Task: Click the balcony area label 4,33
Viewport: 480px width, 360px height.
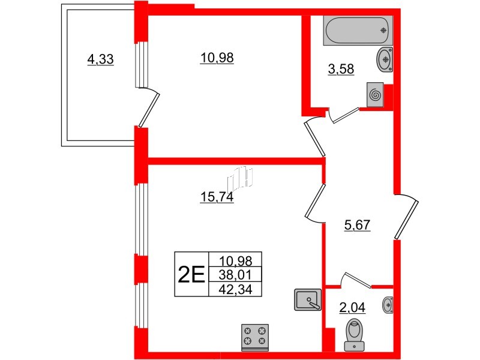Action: point(100,59)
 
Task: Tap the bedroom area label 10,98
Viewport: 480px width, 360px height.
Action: point(217,58)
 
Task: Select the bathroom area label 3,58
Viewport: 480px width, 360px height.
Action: point(341,69)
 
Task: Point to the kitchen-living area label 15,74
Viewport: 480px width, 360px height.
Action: point(217,197)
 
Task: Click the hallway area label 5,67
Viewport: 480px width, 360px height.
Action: point(357,226)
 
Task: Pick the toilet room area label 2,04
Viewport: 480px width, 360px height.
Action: point(352,307)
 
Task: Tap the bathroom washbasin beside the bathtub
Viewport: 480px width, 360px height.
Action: point(385,59)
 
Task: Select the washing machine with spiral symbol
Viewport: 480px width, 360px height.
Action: point(375,95)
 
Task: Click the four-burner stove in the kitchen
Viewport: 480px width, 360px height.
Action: point(254,337)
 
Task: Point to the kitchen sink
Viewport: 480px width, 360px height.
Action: point(308,299)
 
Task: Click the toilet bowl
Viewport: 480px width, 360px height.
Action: point(355,334)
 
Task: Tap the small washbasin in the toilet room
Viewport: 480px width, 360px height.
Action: point(388,305)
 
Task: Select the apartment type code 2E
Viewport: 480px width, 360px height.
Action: point(191,274)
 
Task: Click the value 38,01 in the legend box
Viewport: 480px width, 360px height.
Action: point(235,275)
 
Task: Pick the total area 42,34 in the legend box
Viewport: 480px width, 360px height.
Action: point(235,289)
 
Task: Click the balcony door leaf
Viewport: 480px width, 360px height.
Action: point(149,110)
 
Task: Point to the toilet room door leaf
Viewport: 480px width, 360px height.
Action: point(358,280)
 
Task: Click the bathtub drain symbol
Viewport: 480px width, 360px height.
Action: point(383,31)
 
